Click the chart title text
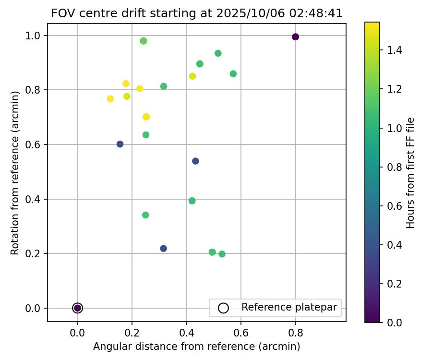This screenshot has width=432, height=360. (x=197, y=13)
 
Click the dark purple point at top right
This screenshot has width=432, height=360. (x=295, y=37)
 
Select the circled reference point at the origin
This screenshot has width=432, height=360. (x=78, y=308)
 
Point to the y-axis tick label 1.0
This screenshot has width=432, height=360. (x=35, y=36)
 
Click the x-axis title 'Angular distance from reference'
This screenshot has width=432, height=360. (x=197, y=347)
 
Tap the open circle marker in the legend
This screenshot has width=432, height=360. (x=223, y=308)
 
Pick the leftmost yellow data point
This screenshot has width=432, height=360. (x=110, y=99)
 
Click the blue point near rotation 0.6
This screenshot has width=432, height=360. (x=120, y=144)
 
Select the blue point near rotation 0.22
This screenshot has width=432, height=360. (x=163, y=248)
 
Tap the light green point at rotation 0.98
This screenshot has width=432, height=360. (x=144, y=41)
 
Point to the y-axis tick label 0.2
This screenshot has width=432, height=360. (x=35, y=253)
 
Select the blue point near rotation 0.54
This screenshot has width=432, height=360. (x=195, y=161)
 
